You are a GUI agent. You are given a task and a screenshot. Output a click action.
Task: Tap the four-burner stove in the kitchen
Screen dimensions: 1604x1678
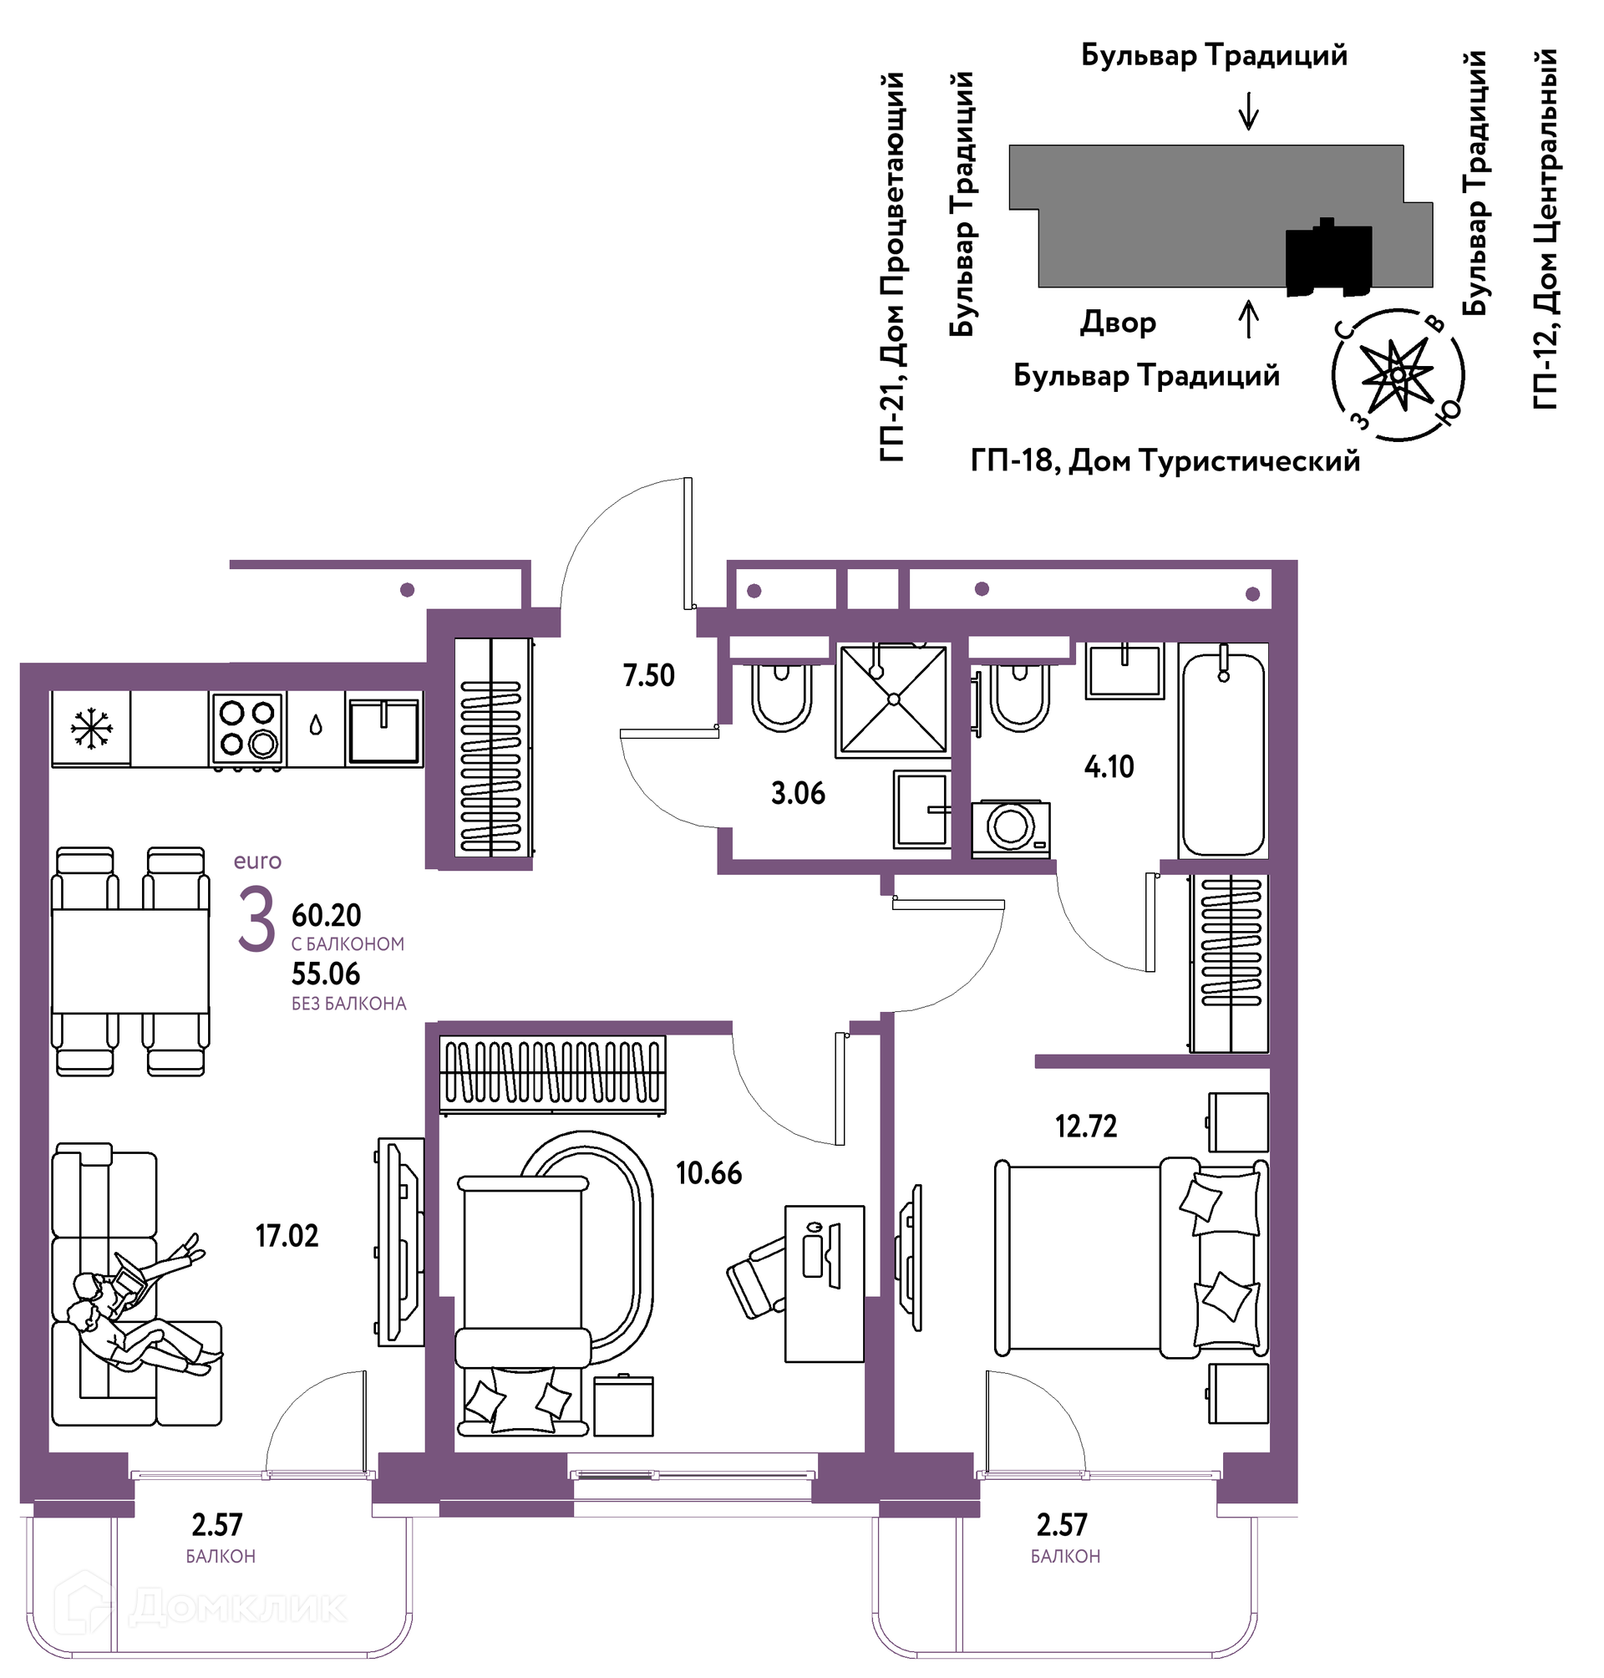click(248, 729)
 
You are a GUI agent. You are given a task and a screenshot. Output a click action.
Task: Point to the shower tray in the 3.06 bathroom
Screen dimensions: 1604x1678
click(894, 699)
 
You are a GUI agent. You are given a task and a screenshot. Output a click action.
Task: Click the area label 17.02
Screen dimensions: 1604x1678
click(287, 1236)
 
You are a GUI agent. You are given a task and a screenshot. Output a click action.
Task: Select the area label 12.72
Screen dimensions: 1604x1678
click(1086, 1126)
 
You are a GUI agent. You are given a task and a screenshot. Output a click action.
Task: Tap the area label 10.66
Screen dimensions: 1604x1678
click(708, 1172)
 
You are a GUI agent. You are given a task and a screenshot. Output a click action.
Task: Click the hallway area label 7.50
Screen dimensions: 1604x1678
click(649, 676)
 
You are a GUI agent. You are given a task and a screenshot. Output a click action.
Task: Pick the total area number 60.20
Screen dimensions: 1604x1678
click(327, 915)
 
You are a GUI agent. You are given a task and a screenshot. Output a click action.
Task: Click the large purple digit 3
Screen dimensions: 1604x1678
click(256, 919)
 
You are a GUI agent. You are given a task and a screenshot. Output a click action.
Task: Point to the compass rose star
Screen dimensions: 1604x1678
click(1396, 374)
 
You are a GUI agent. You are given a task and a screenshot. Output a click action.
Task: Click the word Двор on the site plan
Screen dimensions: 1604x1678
click(1119, 323)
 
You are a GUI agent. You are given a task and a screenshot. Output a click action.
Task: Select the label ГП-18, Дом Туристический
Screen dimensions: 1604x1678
click(1165, 461)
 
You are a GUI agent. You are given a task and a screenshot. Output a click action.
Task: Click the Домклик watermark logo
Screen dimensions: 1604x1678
click(201, 1606)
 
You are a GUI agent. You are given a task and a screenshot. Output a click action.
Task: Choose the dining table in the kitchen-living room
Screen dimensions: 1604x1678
click(130, 961)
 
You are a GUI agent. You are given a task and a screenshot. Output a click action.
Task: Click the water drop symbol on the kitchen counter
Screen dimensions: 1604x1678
click(316, 726)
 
